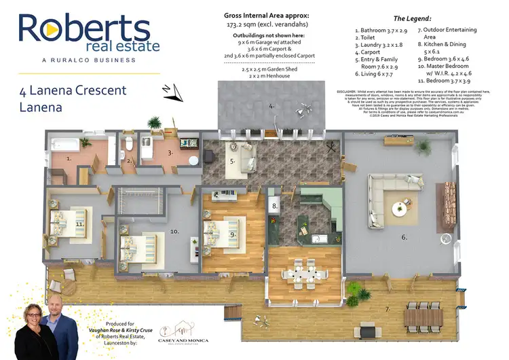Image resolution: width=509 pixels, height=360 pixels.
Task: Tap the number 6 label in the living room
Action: coord(404,237)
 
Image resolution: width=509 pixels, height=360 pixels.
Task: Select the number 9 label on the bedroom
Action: coord(232,234)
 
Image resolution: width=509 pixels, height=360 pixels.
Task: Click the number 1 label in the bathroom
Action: coord(69,158)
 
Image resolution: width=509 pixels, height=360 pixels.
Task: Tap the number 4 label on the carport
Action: coord(271,106)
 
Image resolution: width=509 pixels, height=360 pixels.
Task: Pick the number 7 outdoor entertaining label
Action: coord(388,310)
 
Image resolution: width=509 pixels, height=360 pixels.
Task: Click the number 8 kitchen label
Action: coord(275,206)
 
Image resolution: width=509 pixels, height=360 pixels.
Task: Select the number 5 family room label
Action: coord(232,162)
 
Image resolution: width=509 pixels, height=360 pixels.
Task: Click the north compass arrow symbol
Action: coord(170,90)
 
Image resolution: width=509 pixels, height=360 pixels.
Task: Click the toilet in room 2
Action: coord(129,144)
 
